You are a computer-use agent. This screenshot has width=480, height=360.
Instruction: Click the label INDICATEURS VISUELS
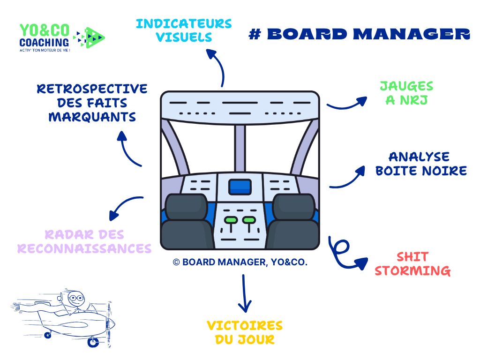(184, 30)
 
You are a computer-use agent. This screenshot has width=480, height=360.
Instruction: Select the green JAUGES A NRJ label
(406, 93)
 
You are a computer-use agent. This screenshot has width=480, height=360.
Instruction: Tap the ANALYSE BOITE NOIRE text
(421, 164)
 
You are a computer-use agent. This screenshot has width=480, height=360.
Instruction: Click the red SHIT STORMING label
(412, 264)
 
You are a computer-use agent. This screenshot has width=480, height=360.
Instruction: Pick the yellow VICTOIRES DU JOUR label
(245, 332)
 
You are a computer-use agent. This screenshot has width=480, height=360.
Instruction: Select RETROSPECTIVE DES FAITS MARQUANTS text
(92, 103)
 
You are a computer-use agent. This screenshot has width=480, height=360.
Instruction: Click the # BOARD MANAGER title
(359, 34)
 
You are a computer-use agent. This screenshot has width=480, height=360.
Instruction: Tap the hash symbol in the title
(255, 34)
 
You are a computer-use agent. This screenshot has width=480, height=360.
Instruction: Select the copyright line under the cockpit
(240, 262)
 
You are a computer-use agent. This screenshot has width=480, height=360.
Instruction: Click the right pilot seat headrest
(294, 206)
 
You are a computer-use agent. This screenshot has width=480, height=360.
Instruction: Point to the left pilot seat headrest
(186, 206)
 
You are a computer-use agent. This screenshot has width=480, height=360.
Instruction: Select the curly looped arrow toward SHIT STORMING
(345, 253)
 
